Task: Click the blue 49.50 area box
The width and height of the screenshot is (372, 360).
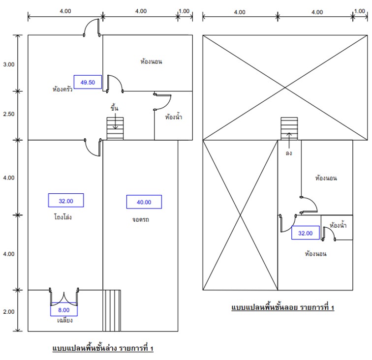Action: [x=88, y=82]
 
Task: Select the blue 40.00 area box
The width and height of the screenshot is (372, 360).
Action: [x=144, y=202]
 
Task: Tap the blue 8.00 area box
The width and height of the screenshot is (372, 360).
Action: [x=64, y=309]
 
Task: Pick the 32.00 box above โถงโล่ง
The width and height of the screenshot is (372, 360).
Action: [x=66, y=200]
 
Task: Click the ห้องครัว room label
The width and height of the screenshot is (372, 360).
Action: [x=62, y=89]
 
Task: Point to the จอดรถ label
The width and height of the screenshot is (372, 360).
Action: [x=140, y=219]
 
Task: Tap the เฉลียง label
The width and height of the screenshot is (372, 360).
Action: [x=65, y=320]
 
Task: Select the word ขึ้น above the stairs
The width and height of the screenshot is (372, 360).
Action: [x=114, y=108]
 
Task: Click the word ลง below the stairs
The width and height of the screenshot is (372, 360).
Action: [x=289, y=153]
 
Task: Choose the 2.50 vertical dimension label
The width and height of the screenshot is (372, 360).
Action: [x=9, y=114]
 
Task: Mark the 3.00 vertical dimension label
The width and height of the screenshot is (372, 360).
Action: [x=9, y=64]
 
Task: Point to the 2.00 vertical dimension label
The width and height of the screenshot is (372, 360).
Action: [x=9, y=312]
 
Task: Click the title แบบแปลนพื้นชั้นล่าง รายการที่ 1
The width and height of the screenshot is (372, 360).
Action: [x=103, y=348]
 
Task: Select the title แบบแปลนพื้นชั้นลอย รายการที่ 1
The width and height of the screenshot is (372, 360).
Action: [x=283, y=307]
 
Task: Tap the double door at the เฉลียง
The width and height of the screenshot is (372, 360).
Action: [x=64, y=297]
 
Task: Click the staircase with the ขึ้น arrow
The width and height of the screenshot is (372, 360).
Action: [x=115, y=128]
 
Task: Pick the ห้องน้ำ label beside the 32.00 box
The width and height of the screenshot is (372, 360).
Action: [x=338, y=225]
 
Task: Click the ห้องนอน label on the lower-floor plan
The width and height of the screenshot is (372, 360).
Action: [x=151, y=61]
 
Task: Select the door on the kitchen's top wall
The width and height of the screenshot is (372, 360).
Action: [x=92, y=28]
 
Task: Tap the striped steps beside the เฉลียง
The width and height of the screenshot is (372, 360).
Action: [x=112, y=310]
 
